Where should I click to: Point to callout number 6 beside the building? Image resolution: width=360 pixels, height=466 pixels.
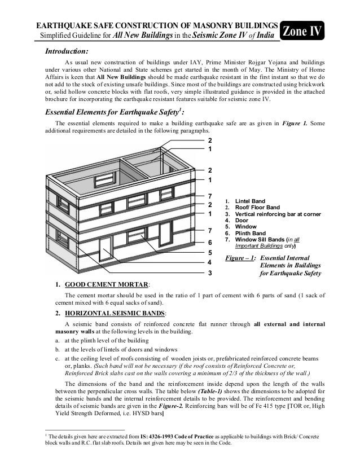click(210, 242)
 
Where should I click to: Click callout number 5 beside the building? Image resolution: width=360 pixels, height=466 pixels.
click(210, 253)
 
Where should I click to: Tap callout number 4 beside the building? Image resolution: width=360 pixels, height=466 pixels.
click(210, 262)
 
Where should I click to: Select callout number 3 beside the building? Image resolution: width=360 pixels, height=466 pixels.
click(210, 273)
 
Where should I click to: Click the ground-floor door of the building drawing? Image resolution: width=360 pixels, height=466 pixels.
click(105, 251)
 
